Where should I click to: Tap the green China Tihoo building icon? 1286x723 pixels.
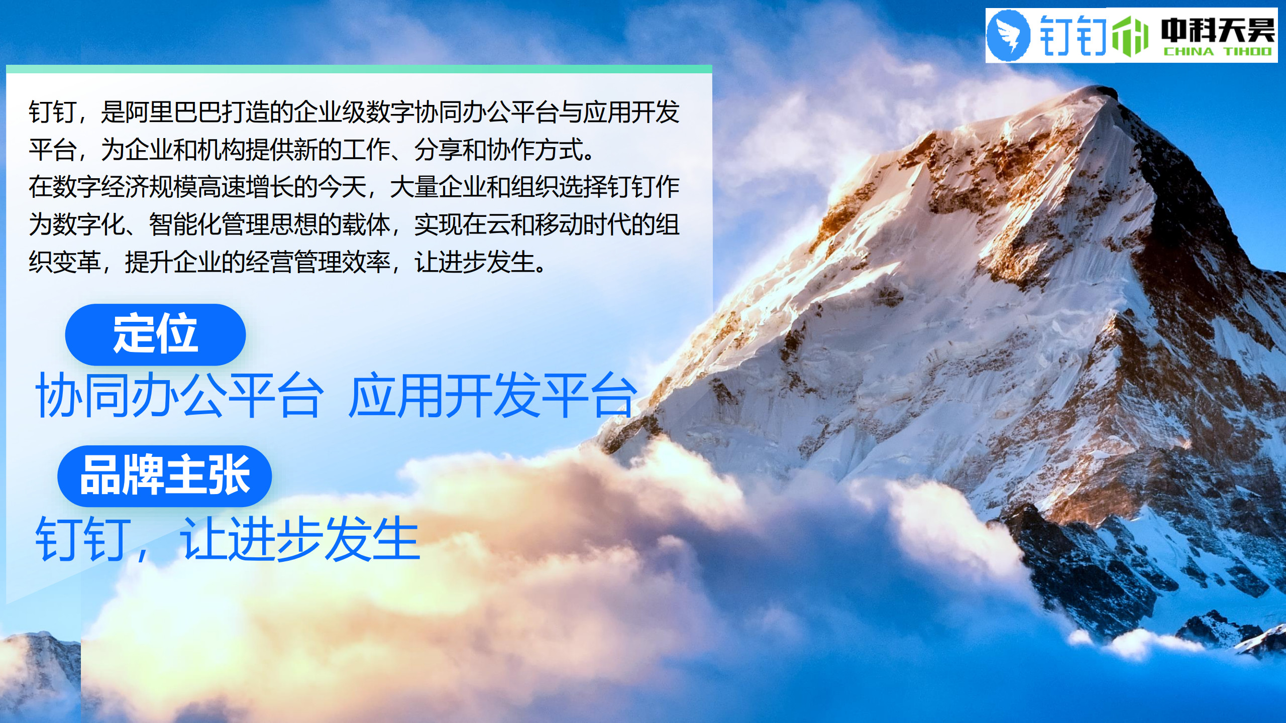pyautogui.click(x=1130, y=36)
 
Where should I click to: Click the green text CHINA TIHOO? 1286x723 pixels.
pyautogui.click(x=1217, y=51)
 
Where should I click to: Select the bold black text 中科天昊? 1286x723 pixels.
pyautogui.click(x=1218, y=30)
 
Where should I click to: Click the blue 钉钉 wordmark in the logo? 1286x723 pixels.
pyautogui.click(x=1073, y=35)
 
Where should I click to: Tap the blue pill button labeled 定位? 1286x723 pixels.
pyautogui.click(x=155, y=334)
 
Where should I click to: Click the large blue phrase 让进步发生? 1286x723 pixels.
pyautogui.click(x=300, y=539)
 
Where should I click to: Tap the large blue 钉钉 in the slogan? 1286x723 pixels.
pyautogui.click(x=80, y=539)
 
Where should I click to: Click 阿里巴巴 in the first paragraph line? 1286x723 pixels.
pyautogui.click(x=173, y=112)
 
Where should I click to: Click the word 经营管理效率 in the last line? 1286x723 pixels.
pyautogui.click(x=318, y=262)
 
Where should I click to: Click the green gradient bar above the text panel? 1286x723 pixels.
pyautogui.click(x=359, y=69)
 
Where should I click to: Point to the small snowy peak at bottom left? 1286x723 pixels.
pyautogui.click(x=35, y=640)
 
